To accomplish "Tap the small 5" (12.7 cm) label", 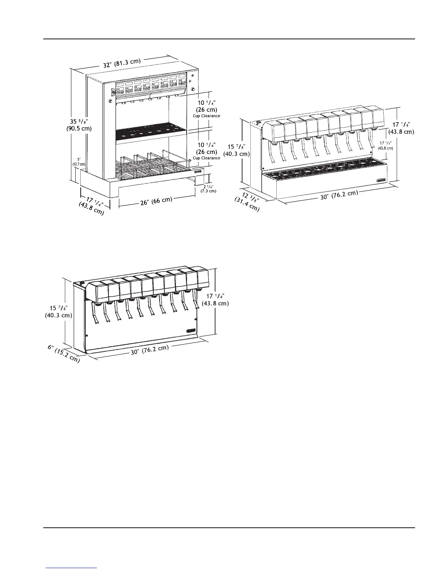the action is (x=79, y=161).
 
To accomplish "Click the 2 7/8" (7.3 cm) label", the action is (x=209, y=189).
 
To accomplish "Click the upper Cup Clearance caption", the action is (x=206, y=116).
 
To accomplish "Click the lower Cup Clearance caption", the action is (x=206, y=158).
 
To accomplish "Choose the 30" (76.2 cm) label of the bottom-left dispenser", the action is (x=150, y=350).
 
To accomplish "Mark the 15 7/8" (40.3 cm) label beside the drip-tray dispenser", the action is (x=239, y=150).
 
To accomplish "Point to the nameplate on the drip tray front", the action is (x=381, y=180).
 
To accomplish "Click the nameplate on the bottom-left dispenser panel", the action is (x=191, y=331).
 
